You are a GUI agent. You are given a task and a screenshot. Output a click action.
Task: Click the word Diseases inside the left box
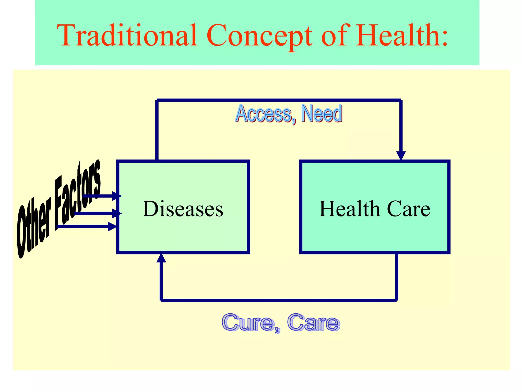[x=183, y=209]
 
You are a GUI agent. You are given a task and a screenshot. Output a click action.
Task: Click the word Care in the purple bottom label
[x=313, y=323]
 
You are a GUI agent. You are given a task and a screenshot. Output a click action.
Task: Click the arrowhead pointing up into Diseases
[x=161, y=258]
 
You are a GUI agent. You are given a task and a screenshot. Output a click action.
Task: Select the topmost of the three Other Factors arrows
[x=102, y=196]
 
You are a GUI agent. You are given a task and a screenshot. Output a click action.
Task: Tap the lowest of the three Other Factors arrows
[x=87, y=226]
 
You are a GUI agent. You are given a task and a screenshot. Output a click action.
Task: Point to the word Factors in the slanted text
[x=78, y=194]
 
